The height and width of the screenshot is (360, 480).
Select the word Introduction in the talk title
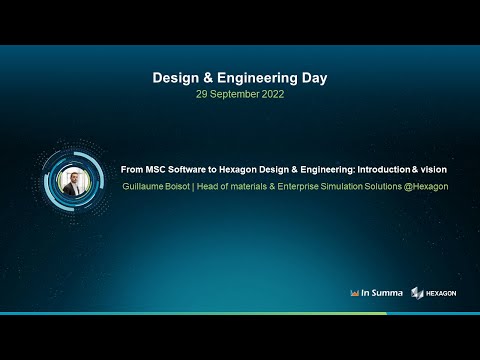click(379, 170)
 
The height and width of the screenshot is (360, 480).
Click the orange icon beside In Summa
click(355, 293)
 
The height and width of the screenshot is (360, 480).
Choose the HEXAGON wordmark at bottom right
click(441, 293)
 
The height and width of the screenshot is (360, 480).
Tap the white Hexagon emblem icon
click(417, 293)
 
